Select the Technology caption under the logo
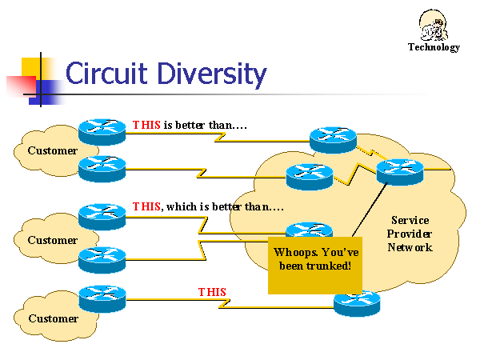[434, 47]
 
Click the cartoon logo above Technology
[434, 24]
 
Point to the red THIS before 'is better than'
[146, 126]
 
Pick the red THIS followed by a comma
[146, 206]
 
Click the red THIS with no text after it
[212, 292]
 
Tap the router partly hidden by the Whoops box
[309, 230]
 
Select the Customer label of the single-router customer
[53, 318]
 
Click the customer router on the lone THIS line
[102, 298]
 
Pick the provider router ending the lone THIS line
[357, 302]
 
